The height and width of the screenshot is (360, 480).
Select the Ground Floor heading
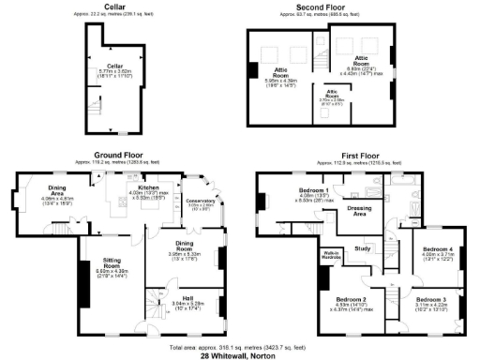(x=117, y=155)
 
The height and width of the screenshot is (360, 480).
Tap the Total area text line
(x=240, y=347)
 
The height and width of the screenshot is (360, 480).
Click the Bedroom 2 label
(x=351, y=300)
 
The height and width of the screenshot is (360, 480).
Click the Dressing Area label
(x=357, y=211)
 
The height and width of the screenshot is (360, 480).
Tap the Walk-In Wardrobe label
(x=330, y=255)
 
